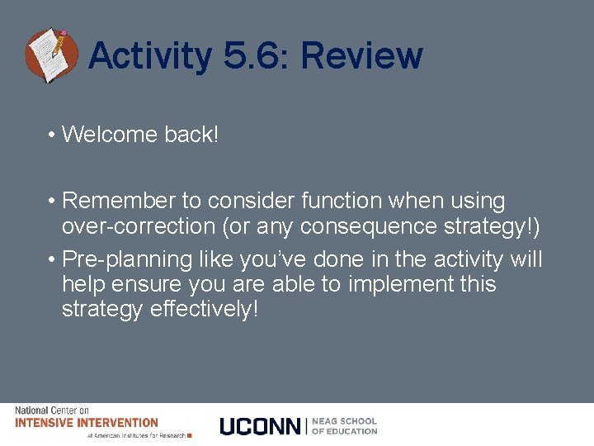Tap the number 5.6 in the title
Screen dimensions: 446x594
tap(255, 56)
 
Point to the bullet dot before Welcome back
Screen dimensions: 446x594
tap(51, 135)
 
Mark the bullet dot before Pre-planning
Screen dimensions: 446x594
tap(51, 260)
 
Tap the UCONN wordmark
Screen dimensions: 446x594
tap(260, 426)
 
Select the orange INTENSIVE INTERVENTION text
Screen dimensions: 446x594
tap(86, 422)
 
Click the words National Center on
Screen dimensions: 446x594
tap(51, 410)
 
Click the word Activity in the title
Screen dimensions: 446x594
tap(148, 56)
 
